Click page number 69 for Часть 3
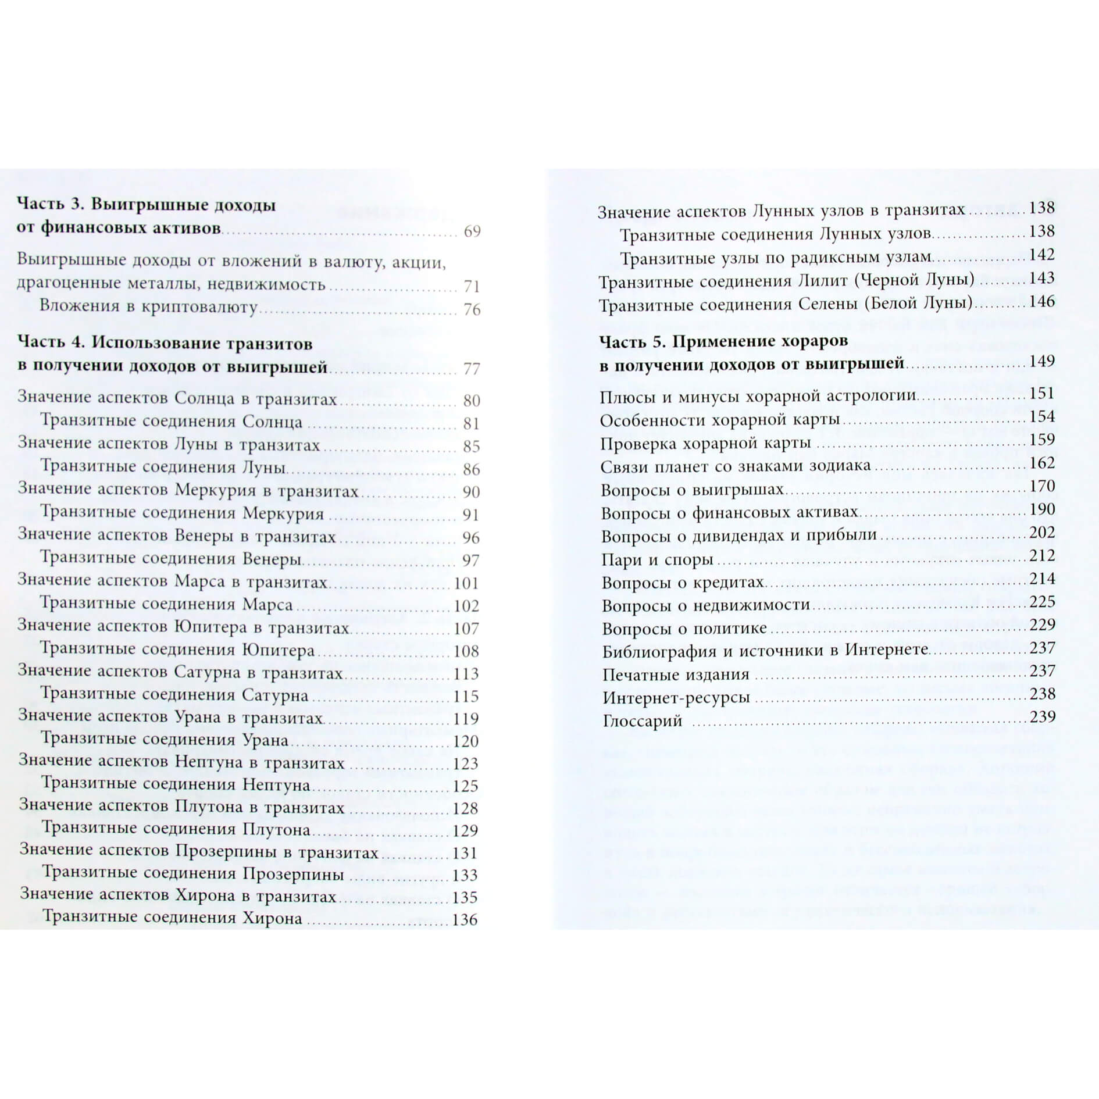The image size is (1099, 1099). coord(472,231)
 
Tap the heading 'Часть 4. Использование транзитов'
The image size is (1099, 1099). coord(165,343)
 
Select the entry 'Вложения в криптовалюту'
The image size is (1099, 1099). coord(148,306)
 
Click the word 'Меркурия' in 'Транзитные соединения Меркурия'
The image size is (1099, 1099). coord(283,513)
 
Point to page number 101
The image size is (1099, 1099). coord(466,583)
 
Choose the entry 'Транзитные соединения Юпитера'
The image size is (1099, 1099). coord(177,650)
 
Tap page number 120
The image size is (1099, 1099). coord(466,741)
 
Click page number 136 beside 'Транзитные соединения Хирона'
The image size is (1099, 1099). coord(465,919)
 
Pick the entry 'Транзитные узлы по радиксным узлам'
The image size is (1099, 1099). coord(776,256)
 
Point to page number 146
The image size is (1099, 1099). coord(1041,301)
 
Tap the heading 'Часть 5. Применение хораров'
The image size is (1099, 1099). coord(723,341)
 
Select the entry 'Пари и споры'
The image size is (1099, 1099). coord(657,559)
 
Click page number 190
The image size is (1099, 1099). coord(1041,509)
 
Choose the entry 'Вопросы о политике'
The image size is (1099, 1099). coord(684,629)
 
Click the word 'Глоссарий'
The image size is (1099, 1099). coord(642,721)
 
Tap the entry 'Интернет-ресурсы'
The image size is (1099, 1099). coord(676,697)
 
